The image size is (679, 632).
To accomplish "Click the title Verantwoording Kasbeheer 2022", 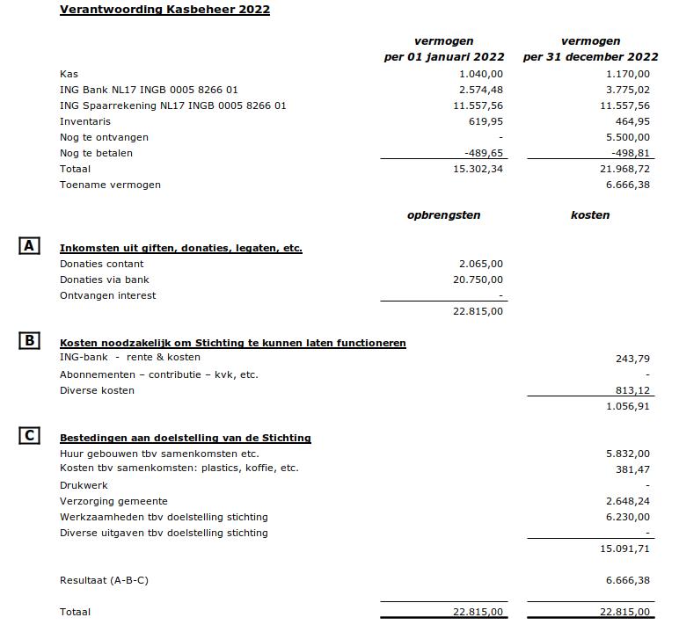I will (164, 10).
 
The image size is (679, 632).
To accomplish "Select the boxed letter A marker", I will (29, 246).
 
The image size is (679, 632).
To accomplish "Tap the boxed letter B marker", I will (29, 340).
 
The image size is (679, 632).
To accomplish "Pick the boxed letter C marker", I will (29, 435).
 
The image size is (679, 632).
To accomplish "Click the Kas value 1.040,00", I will (481, 74).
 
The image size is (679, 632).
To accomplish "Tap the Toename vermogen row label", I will (110, 185).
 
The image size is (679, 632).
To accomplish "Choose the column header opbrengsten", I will (443, 214).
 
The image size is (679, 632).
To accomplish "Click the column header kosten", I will (589, 214).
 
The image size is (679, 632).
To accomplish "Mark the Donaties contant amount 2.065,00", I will (481, 264).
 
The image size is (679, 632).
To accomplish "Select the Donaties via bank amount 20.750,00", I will (478, 280).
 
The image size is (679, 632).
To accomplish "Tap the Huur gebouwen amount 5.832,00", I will (628, 454).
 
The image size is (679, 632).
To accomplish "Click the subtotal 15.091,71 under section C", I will (625, 548).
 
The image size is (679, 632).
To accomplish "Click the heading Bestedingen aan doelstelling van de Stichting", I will (185, 438).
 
